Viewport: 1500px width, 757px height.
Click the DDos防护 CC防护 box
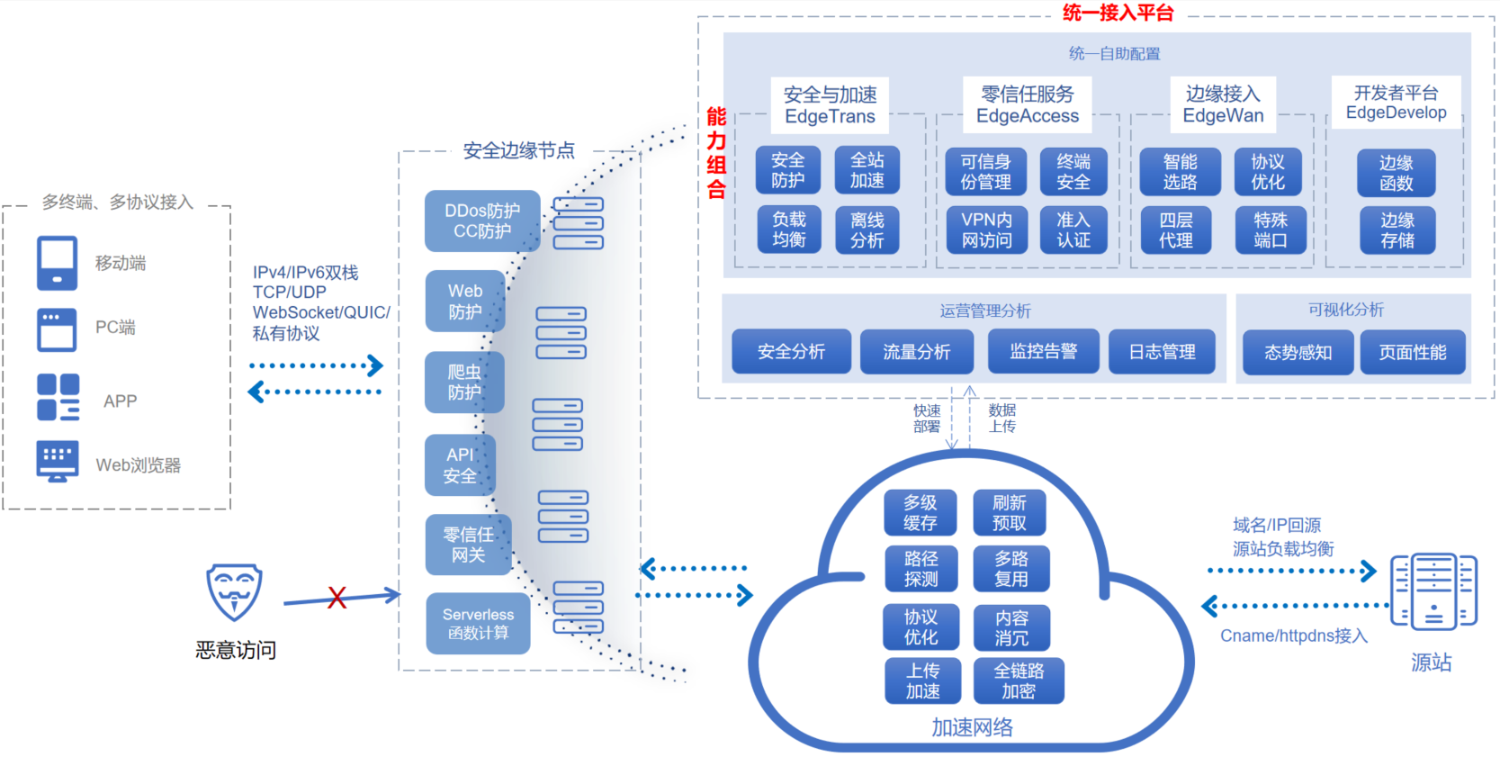482,221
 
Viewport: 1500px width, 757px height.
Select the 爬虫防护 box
464,382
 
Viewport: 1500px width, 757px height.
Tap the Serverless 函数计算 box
478,623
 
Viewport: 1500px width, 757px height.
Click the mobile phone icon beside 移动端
57,263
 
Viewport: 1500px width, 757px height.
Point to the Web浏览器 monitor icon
58,461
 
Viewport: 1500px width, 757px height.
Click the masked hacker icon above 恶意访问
234,591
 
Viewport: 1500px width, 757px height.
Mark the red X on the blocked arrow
337,598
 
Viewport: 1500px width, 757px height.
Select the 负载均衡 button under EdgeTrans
788,230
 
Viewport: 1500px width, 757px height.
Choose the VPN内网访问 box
986,230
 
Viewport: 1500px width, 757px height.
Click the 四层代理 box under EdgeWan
1175,230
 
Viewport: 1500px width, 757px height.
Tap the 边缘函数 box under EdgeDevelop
1396,173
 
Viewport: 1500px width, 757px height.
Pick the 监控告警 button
1043,351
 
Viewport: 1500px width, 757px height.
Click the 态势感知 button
1298,352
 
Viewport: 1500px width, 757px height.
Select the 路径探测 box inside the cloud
920,569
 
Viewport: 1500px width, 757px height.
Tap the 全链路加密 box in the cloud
1019,680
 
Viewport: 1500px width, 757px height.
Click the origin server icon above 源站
1433,591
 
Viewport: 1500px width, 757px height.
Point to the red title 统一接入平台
1118,13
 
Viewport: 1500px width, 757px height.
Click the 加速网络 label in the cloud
972,727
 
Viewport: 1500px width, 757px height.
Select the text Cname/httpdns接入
1293,635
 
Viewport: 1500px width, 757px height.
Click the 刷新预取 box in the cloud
1009,512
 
